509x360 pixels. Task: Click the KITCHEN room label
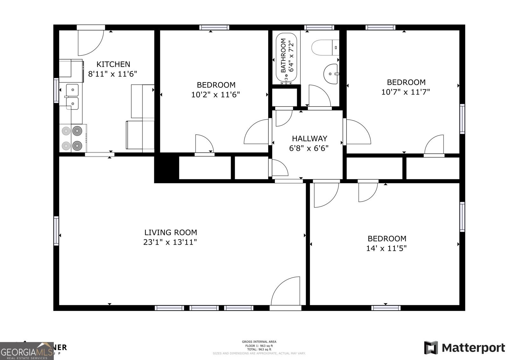113,64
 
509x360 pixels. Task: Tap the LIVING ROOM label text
171,233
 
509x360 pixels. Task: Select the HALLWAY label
309,138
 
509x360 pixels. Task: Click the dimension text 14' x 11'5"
387,248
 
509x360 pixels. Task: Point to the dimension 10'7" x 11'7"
406,92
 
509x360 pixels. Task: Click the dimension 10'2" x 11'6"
215,95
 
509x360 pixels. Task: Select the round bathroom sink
331,74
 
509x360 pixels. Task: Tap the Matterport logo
464,348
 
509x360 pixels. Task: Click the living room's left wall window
56,230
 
